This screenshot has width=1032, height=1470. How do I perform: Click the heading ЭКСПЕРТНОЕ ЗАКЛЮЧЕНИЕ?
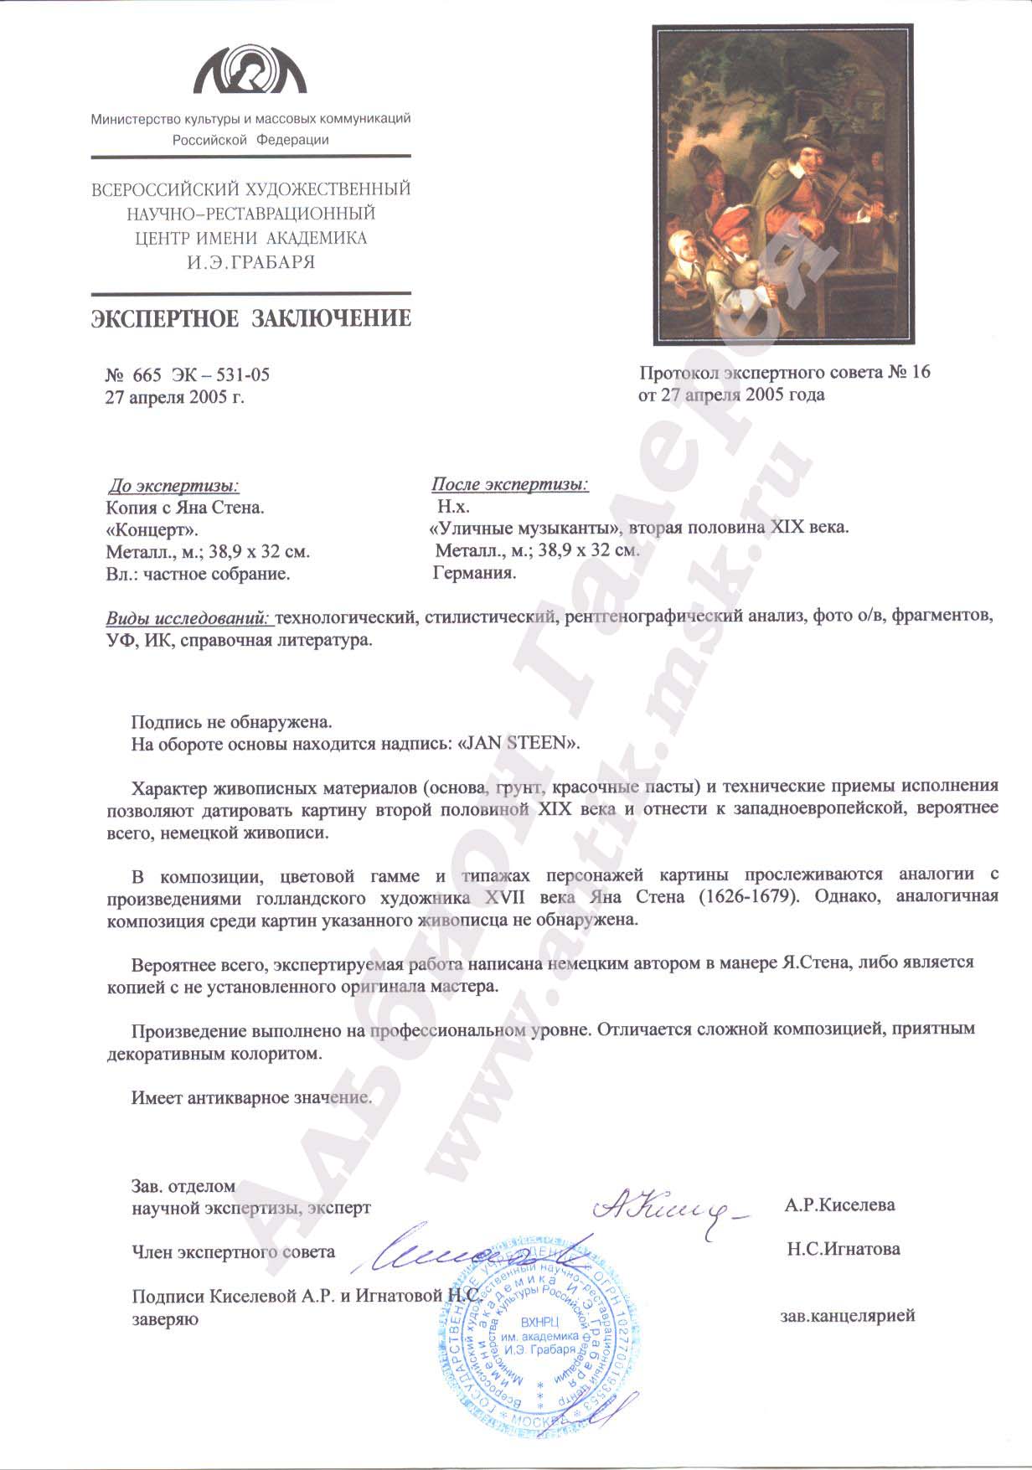pos(251,318)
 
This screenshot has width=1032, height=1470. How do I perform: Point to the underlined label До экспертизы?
pos(173,486)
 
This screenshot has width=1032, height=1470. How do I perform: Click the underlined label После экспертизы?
pos(509,485)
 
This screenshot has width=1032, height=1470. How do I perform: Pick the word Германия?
pos(474,573)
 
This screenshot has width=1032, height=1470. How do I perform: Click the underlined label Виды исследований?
pos(188,618)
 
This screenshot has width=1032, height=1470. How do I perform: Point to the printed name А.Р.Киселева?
pos(839,1205)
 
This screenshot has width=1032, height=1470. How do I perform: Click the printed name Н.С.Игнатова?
pos(843,1249)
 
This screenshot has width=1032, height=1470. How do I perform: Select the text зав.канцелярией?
pos(847,1316)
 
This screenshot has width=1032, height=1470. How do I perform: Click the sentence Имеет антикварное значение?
pos(251,1097)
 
